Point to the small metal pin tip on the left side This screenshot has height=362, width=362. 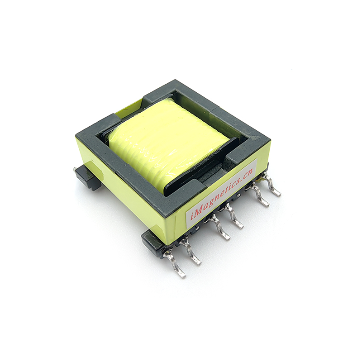(74, 170)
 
